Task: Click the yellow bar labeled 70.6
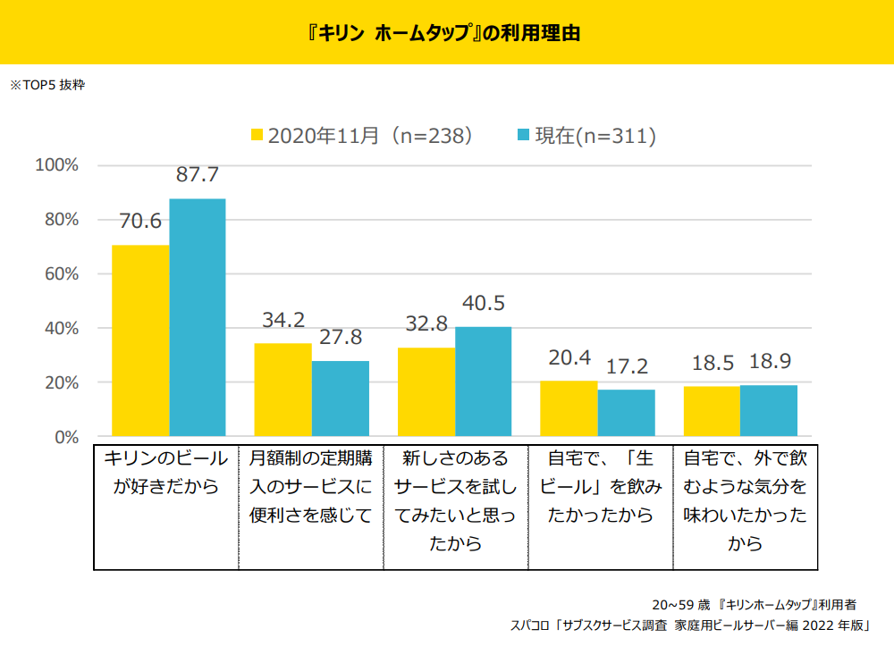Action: pyautogui.click(x=140, y=340)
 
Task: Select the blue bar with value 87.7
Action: pyautogui.click(x=198, y=317)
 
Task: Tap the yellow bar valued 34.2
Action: pyautogui.click(x=283, y=390)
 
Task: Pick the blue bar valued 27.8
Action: pyautogui.click(x=341, y=399)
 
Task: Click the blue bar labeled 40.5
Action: pyautogui.click(x=484, y=382)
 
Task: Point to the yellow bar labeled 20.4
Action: pyautogui.click(x=569, y=408)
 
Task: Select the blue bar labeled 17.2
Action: pyautogui.click(x=627, y=413)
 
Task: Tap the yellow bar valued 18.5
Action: pyautogui.click(x=712, y=411)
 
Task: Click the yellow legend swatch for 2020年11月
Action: pyautogui.click(x=257, y=136)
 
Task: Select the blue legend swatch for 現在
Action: pyautogui.click(x=525, y=136)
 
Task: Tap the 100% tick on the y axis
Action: pyautogui.click(x=57, y=165)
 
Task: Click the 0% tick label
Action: pyautogui.click(x=66, y=437)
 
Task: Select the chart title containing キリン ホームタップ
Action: pyautogui.click(x=447, y=33)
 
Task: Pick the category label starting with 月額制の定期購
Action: pyautogui.click(x=310, y=487)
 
